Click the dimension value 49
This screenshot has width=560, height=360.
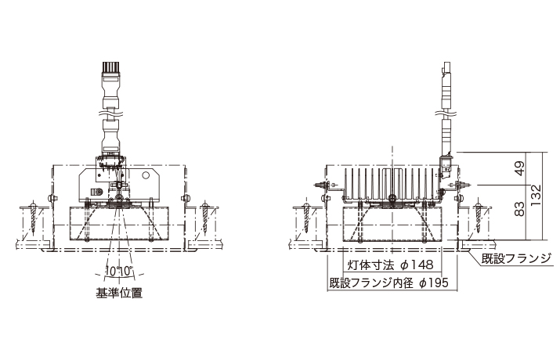(521, 168)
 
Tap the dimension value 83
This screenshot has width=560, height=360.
(521, 209)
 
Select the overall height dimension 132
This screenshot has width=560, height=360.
(537, 196)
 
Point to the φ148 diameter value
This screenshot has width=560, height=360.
(417, 265)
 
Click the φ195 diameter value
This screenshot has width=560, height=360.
(433, 283)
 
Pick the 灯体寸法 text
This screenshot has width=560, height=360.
(370, 265)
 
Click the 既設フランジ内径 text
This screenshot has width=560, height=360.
(371, 283)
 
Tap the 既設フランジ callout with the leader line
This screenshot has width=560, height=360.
(516, 258)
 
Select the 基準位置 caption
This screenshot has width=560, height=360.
(119, 293)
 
